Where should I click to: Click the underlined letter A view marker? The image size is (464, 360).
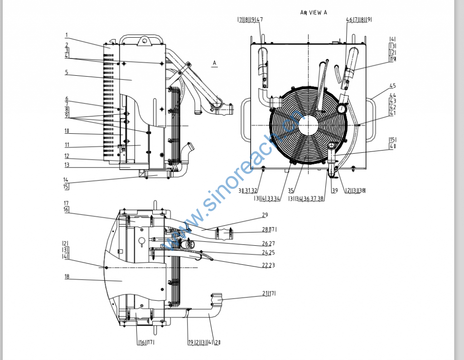point(215,62)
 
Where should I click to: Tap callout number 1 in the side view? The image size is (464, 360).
point(66,35)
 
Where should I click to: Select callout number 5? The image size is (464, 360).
point(66,72)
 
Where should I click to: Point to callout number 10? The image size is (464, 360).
point(66,131)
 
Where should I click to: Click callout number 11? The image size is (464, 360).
point(66,145)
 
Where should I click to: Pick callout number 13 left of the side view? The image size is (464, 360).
point(66,165)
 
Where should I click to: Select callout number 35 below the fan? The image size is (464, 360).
point(290,191)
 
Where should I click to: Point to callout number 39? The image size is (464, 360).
point(334,191)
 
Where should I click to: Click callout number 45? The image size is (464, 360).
point(392,86)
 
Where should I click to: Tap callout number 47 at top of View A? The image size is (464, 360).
point(260,19)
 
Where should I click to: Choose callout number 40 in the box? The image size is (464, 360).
point(392,146)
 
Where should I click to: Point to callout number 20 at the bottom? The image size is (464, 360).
point(218,342)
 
